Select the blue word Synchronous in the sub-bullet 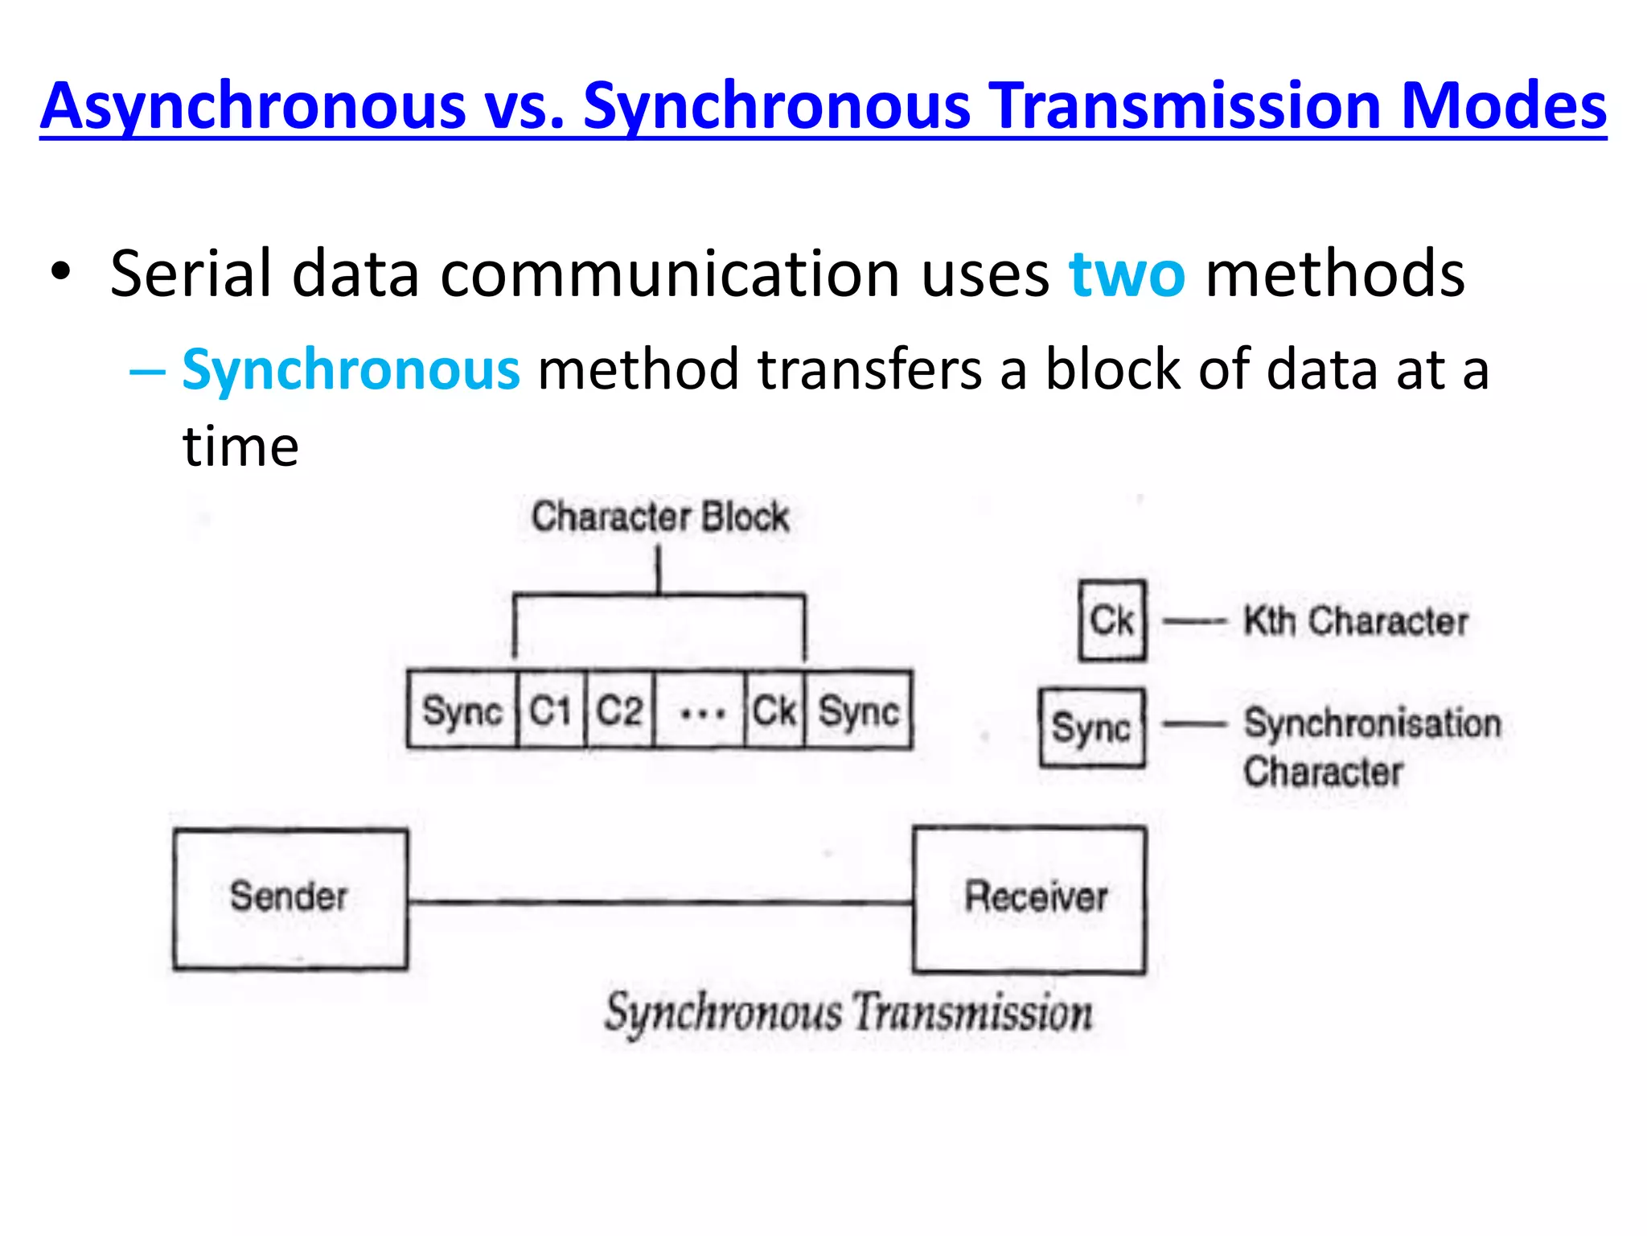coord(351,370)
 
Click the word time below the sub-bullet coord(240,447)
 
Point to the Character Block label coord(659,517)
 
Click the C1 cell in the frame coord(551,711)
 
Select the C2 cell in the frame coord(619,711)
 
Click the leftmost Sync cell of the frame coord(462,711)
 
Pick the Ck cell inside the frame coord(774,711)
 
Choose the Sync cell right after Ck coord(858,711)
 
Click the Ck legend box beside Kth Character coord(1112,620)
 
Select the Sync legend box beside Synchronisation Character coord(1091,727)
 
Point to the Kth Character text coord(1355,621)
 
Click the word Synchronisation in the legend coord(1372,723)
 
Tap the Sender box coord(290,898)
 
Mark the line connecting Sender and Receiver coord(659,902)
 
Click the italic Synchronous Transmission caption coord(848,1012)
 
